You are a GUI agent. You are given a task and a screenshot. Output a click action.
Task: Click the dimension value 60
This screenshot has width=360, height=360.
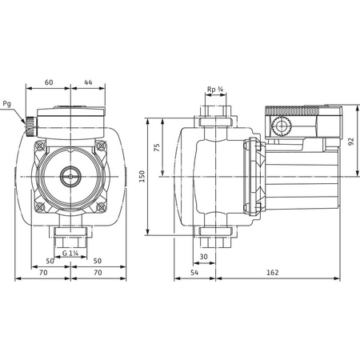[x=48, y=83]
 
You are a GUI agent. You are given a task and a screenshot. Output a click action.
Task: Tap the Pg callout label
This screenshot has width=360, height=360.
[x=8, y=102]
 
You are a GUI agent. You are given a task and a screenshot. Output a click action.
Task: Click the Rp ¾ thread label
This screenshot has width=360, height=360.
[x=215, y=90]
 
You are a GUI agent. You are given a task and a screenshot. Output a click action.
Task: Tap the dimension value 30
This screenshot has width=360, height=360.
[x=204, y=257]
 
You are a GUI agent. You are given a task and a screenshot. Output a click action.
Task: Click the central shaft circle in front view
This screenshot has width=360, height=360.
[x=71, y=174]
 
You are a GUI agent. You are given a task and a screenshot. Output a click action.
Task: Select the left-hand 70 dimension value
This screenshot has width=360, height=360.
[x=43, y=274]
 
